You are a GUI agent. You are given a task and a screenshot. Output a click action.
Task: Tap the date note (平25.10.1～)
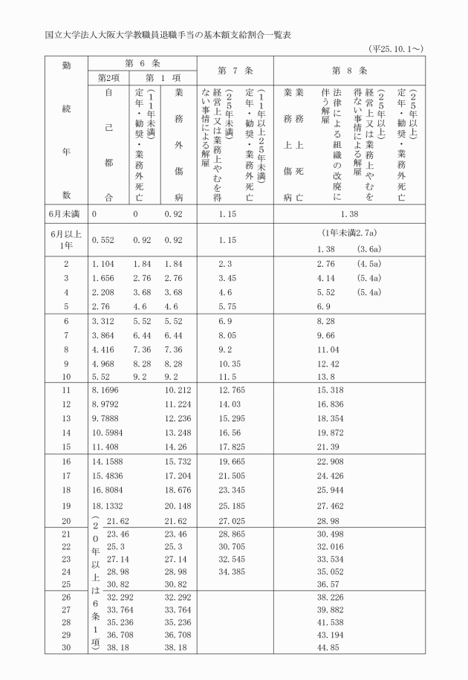395,48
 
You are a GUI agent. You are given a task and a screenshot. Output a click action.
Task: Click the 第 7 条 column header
232,71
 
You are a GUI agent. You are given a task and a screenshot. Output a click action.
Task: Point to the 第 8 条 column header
349,71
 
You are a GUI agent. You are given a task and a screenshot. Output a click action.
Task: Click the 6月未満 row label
66,213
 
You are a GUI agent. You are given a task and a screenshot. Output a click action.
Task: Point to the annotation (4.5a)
369,264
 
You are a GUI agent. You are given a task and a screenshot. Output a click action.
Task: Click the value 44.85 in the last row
328,647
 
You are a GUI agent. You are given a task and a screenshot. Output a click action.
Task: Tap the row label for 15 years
66,447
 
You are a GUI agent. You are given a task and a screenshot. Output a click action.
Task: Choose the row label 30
66,647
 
